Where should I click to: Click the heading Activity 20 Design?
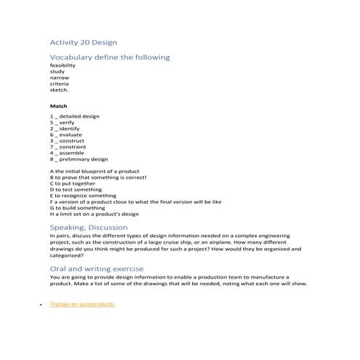point(83,42)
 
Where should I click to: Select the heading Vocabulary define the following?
point(109,57)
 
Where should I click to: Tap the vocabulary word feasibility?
point(63,65)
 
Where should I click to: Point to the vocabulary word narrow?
point(60,78)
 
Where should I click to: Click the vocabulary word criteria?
point(60,84)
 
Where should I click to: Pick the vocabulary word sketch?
point(59,91)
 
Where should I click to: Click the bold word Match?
point(58,106)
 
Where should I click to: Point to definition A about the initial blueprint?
point(94,172)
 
